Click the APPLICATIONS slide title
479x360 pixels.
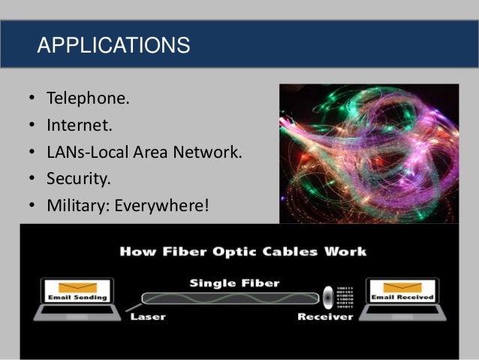pos(113,45)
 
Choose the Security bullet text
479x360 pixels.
pos(78,179)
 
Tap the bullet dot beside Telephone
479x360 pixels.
pos(33,99)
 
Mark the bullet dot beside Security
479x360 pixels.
pos(33,179)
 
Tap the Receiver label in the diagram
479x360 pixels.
pos(325,316)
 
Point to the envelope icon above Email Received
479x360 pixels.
pos(402,287)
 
